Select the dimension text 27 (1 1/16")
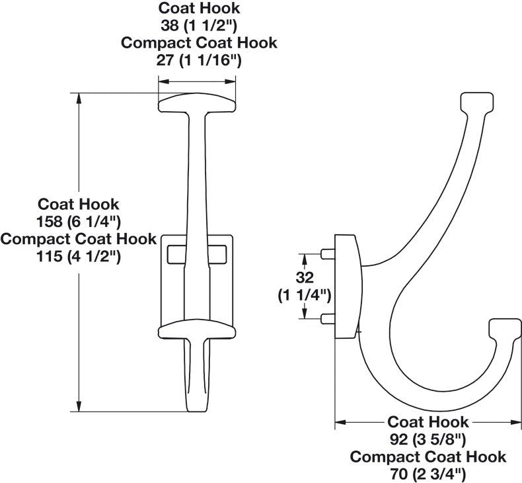[199, 60]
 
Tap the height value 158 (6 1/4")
[79, 221]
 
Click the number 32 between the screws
[305, 277]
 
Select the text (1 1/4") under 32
[305, 294]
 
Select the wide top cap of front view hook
[196, 103]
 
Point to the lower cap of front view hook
[197, 330]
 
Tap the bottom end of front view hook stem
[196, 405]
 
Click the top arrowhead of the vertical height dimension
[79, 99]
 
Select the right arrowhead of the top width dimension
[231, 81]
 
